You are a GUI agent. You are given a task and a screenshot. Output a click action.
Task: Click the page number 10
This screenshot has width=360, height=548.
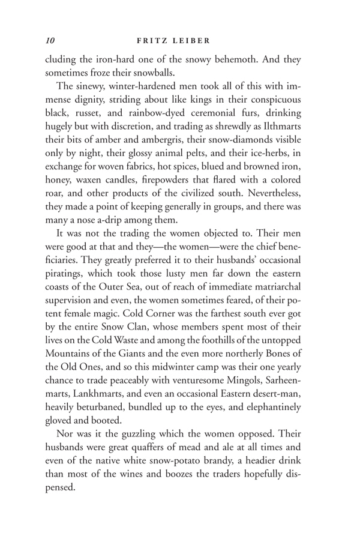point(50,41)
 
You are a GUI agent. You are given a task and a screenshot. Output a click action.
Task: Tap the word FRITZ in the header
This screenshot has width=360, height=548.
point(152,41)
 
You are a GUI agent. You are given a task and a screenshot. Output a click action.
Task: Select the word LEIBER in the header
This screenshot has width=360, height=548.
point(194,41)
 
